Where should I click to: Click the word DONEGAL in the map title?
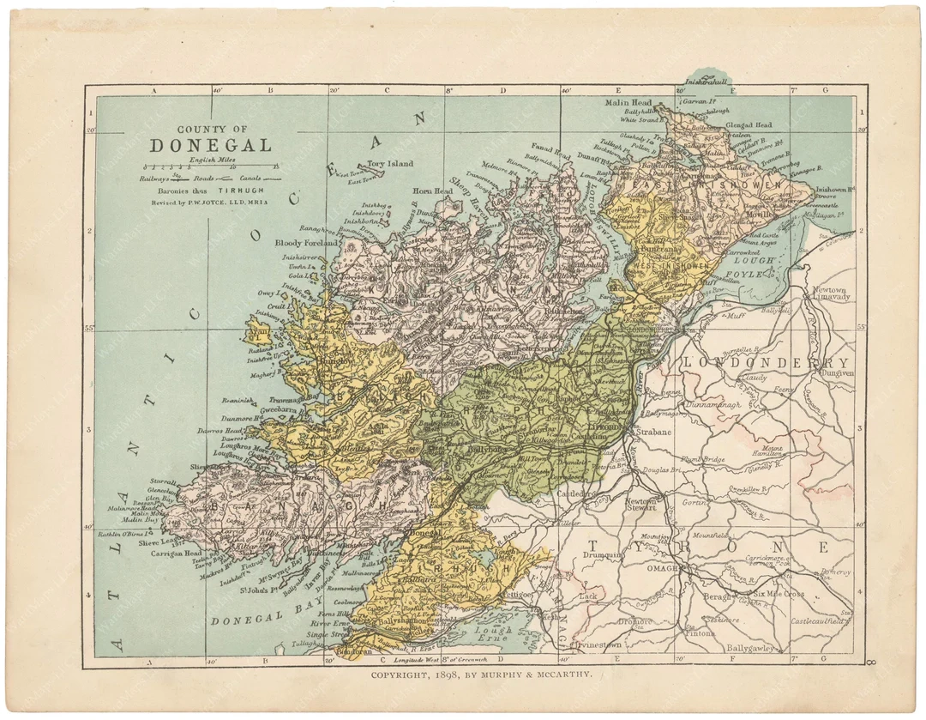pos(210,146)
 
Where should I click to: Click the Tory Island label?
pos(390,163)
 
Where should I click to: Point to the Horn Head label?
pos(433,191)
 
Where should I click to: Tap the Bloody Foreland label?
pos(307,243)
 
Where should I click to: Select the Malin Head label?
pos(629,102)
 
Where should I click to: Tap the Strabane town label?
pos(654,432)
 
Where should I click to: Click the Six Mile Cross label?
pos(779,594)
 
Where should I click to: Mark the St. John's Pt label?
pos(258,590)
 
